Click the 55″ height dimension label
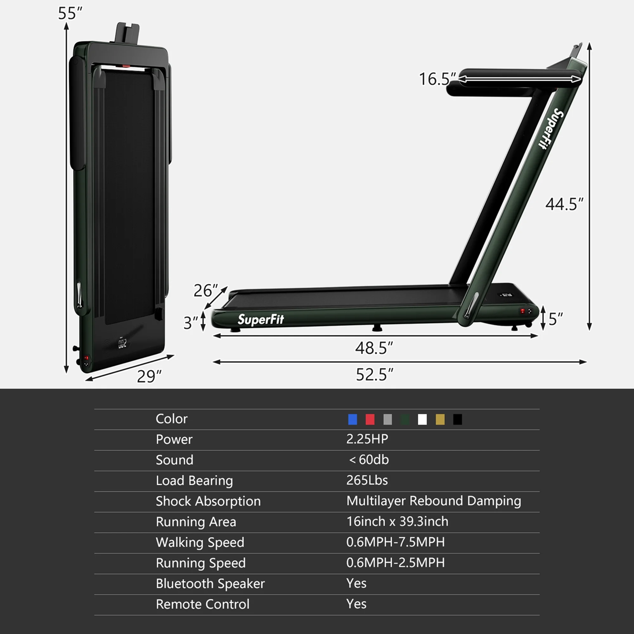click(70, 13)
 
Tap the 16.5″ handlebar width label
click(437, 79)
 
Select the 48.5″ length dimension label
click(374, 348)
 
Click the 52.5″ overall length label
click(374, 374)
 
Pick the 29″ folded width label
click(149, 376)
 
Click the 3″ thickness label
click(190, 323)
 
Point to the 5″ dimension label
click(556, 319)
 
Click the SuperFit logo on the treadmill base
click(261, 319)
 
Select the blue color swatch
click(353, 419)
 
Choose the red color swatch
click(370, 419)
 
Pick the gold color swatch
click(440, 419)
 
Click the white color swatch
click(422, 419)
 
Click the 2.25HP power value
click(367, 439)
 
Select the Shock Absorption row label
click(208, 501)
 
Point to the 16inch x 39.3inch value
click(397, 521)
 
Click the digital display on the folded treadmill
click(122, 344)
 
